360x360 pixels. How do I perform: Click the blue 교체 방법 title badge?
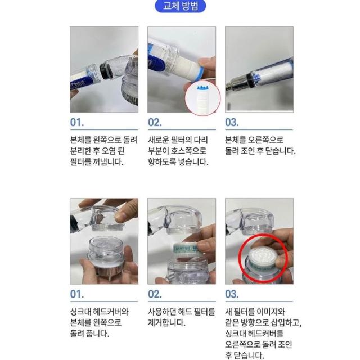[181, 6]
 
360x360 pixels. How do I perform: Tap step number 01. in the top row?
[77, 123]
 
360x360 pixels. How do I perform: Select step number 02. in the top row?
[155, 123]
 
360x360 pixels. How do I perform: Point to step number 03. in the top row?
[232, 123]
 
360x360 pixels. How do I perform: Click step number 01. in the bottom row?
[77, 294]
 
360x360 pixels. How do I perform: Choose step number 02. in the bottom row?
[155, 294]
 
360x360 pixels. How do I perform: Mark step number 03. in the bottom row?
[232, 294]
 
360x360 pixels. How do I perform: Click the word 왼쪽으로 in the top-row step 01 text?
[107, 140]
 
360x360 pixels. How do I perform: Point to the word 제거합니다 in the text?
[166, 323]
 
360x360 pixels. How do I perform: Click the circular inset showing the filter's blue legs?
[202, 98]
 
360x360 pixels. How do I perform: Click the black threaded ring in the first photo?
[106, 71]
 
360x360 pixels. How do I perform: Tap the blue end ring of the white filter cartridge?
[196, 74]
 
